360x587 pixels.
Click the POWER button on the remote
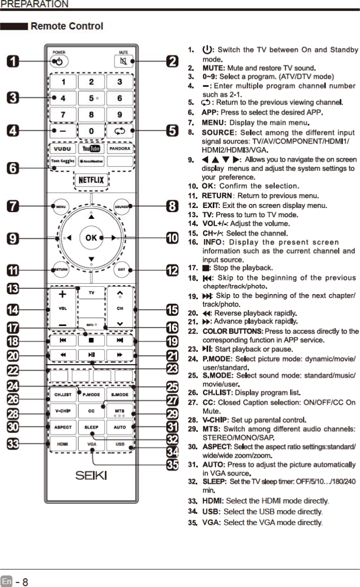click(59, 61)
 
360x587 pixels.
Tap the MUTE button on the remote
click(123, 61)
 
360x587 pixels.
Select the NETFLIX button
click(91, 180)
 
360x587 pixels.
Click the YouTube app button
click(91, 149)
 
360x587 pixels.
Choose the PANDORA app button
click(119, 149)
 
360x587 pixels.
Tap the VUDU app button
click(63, 149)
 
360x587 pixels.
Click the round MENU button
click(60, 206)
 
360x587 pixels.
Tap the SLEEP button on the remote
click(91, 427)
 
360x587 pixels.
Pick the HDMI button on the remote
click(63, 443)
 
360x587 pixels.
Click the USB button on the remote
click(119, 443)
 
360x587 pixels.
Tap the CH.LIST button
click(63, 394)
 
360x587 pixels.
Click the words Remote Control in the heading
click(67, 26)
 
